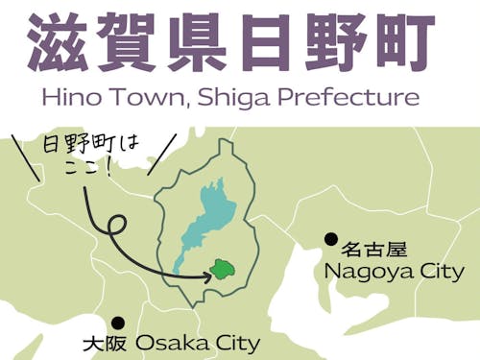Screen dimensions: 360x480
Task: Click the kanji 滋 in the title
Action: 60,44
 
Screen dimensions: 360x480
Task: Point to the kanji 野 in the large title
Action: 346,44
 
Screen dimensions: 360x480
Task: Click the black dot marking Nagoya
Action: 330,239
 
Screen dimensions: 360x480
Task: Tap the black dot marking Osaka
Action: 118,324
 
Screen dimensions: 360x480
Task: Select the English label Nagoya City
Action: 394,272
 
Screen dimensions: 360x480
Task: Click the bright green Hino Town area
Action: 225,268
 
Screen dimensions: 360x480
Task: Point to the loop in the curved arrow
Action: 116,228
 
